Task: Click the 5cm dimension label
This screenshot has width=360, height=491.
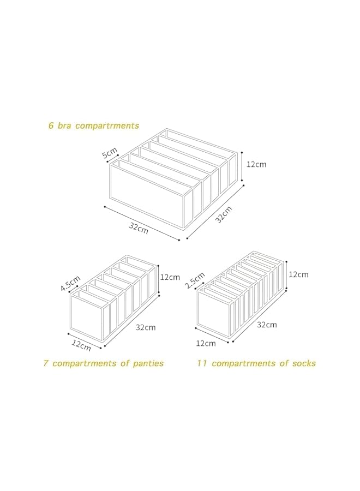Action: pos(109,154)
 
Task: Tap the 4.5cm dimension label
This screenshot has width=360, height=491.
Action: pos(69,285)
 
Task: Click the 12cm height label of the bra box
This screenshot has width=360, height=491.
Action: pos(256,164)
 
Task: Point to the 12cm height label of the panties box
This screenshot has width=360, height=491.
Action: pos(170,277)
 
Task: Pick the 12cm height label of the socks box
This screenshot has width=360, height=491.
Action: pos(298,274)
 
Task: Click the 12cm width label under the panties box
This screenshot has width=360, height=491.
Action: pos(81,345)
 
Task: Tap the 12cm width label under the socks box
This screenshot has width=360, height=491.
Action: pos(205,343)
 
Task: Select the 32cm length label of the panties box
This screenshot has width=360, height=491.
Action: pos(146,327)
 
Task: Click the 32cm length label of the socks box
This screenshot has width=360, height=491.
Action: pos(267,325)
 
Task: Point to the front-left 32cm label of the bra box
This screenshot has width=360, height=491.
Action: pos(139,227)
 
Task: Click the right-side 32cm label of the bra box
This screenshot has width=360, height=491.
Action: pos(223,215)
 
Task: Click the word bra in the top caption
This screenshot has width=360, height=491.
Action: pos(65,125)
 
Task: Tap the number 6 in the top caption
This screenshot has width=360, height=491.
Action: pos(51,125)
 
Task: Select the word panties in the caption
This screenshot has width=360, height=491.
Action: pos(148,363)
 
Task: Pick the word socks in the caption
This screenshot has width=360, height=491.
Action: pos(303,363)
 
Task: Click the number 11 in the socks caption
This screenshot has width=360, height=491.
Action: pos(202,363)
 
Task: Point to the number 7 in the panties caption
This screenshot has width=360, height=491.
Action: pos(46,363)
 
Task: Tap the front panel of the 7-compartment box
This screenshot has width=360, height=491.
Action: pos(86,315)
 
